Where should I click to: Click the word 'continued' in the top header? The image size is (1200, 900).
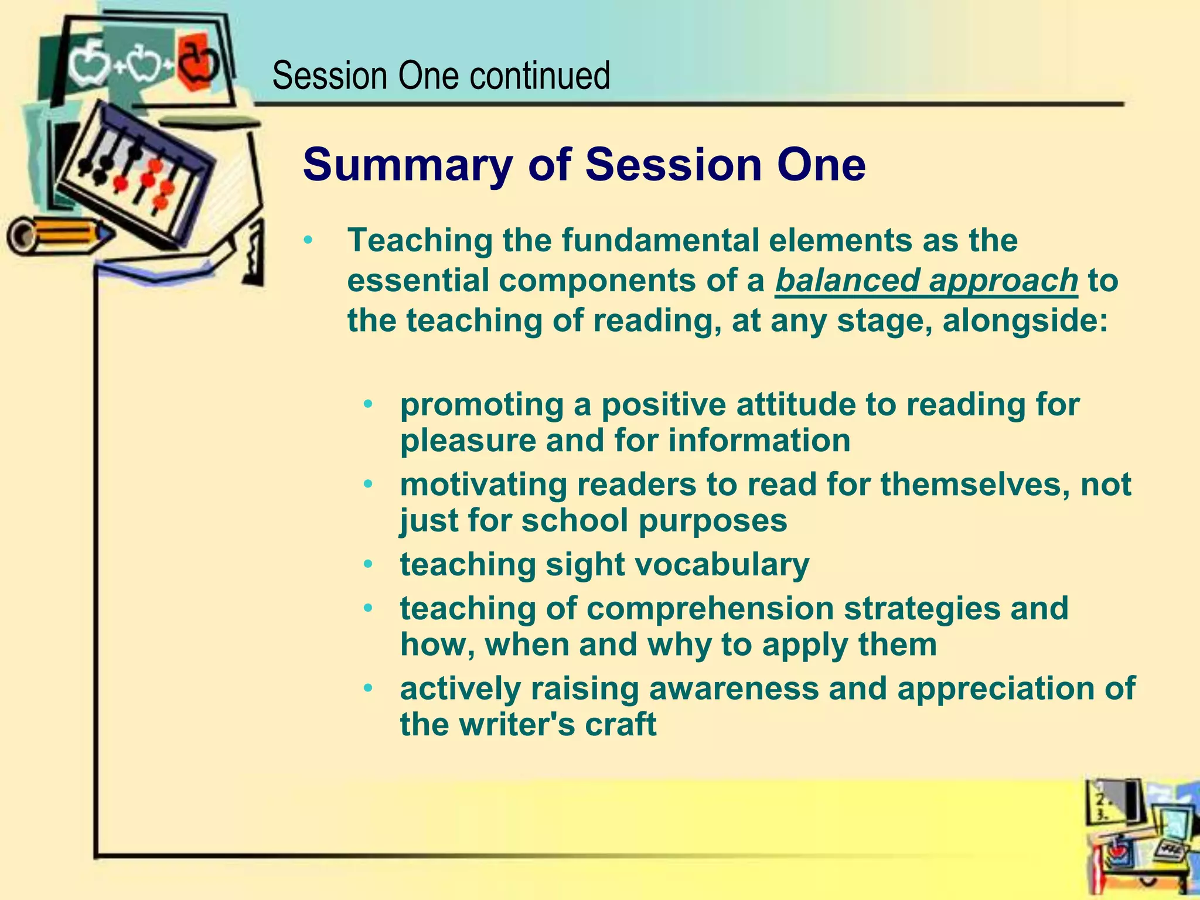click(x=539, y=76)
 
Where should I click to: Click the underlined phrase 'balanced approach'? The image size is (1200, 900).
click(x=926, y=280)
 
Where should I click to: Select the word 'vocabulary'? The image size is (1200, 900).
click(x=721, y=564)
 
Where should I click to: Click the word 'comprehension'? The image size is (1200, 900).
click(x=710, y=608)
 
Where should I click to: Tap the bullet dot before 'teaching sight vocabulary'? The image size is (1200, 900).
click(x=368, y=565)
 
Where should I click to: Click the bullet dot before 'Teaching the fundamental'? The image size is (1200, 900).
click(x=309, y=241)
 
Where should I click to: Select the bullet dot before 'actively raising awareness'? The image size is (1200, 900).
click(x=368, y=688)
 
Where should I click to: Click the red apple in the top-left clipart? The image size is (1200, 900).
click(x=198, y=62)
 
